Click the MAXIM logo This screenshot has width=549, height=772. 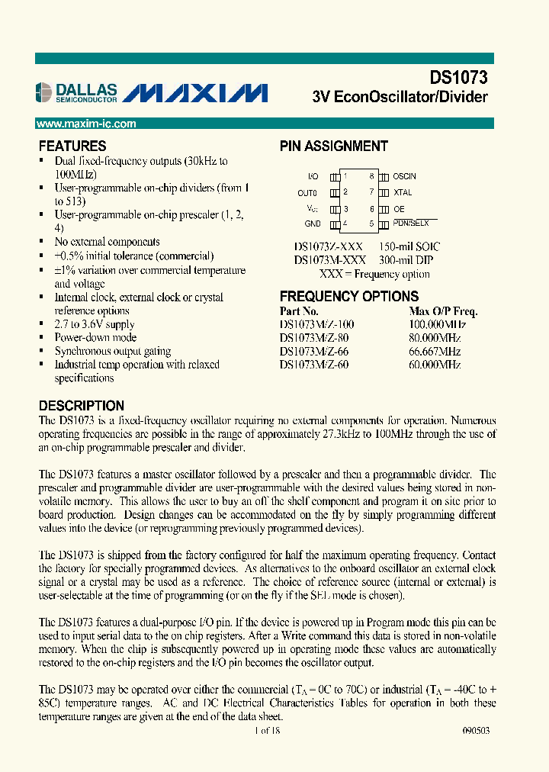pos(195,93)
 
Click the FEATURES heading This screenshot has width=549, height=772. pos(72,146)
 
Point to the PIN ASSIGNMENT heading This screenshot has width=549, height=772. pos(333,146)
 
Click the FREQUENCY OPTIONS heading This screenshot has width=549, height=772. pos(349,297)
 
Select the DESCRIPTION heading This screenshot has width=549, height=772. pos(82,406)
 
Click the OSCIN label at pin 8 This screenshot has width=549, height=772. pos(404,176)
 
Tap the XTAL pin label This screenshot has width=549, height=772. pos(402,193)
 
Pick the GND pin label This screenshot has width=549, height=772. pos(313,224)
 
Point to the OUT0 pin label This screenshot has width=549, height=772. pos(307,193)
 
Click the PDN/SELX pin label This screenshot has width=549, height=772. pos(411,224)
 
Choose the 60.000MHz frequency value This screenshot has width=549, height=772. pos(435,365)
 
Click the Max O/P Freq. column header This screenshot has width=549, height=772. pos(443,311)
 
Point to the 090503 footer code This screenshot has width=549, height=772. pos(477,730)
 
